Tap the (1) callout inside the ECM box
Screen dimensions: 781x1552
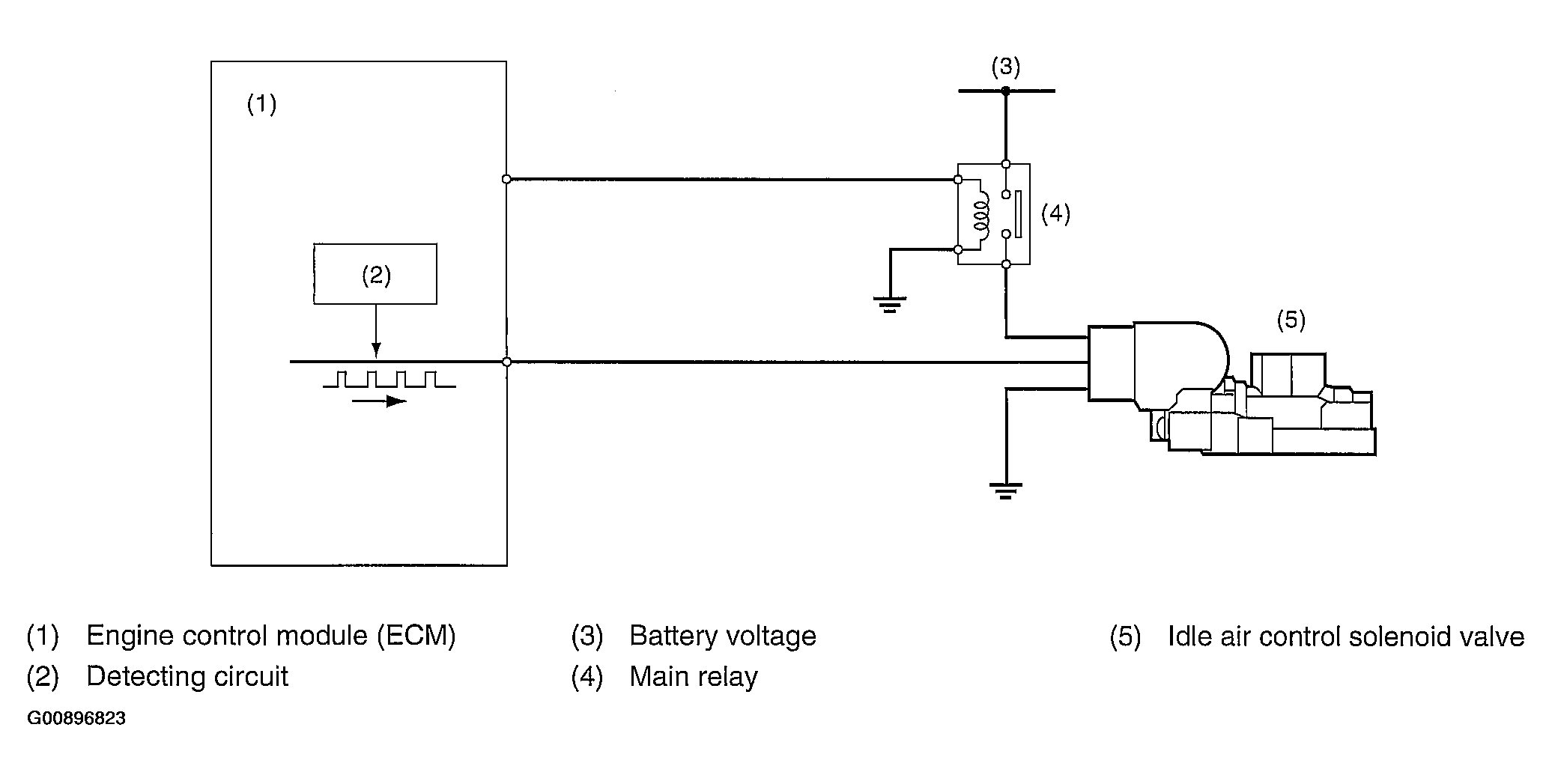point(261,104)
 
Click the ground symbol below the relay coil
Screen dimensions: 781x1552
point(889,304)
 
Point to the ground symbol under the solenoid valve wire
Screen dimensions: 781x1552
point(1005,490)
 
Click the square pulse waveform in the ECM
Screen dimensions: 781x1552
point(389,379)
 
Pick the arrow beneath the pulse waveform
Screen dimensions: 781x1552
point(379,401)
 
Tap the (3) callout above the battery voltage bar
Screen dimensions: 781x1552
point(1005,67)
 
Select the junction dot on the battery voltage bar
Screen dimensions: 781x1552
point(1006,91)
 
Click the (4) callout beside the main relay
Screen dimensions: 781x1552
point(1055,214)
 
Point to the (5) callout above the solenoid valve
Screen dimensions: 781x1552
point(1291,320)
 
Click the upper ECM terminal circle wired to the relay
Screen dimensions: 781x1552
point(506,179)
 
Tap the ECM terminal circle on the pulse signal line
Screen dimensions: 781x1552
point(506,362)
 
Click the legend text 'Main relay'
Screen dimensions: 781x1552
point(694,677)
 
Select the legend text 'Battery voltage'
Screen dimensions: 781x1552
point(723,636)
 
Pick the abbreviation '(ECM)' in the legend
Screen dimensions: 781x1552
point(416,636)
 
